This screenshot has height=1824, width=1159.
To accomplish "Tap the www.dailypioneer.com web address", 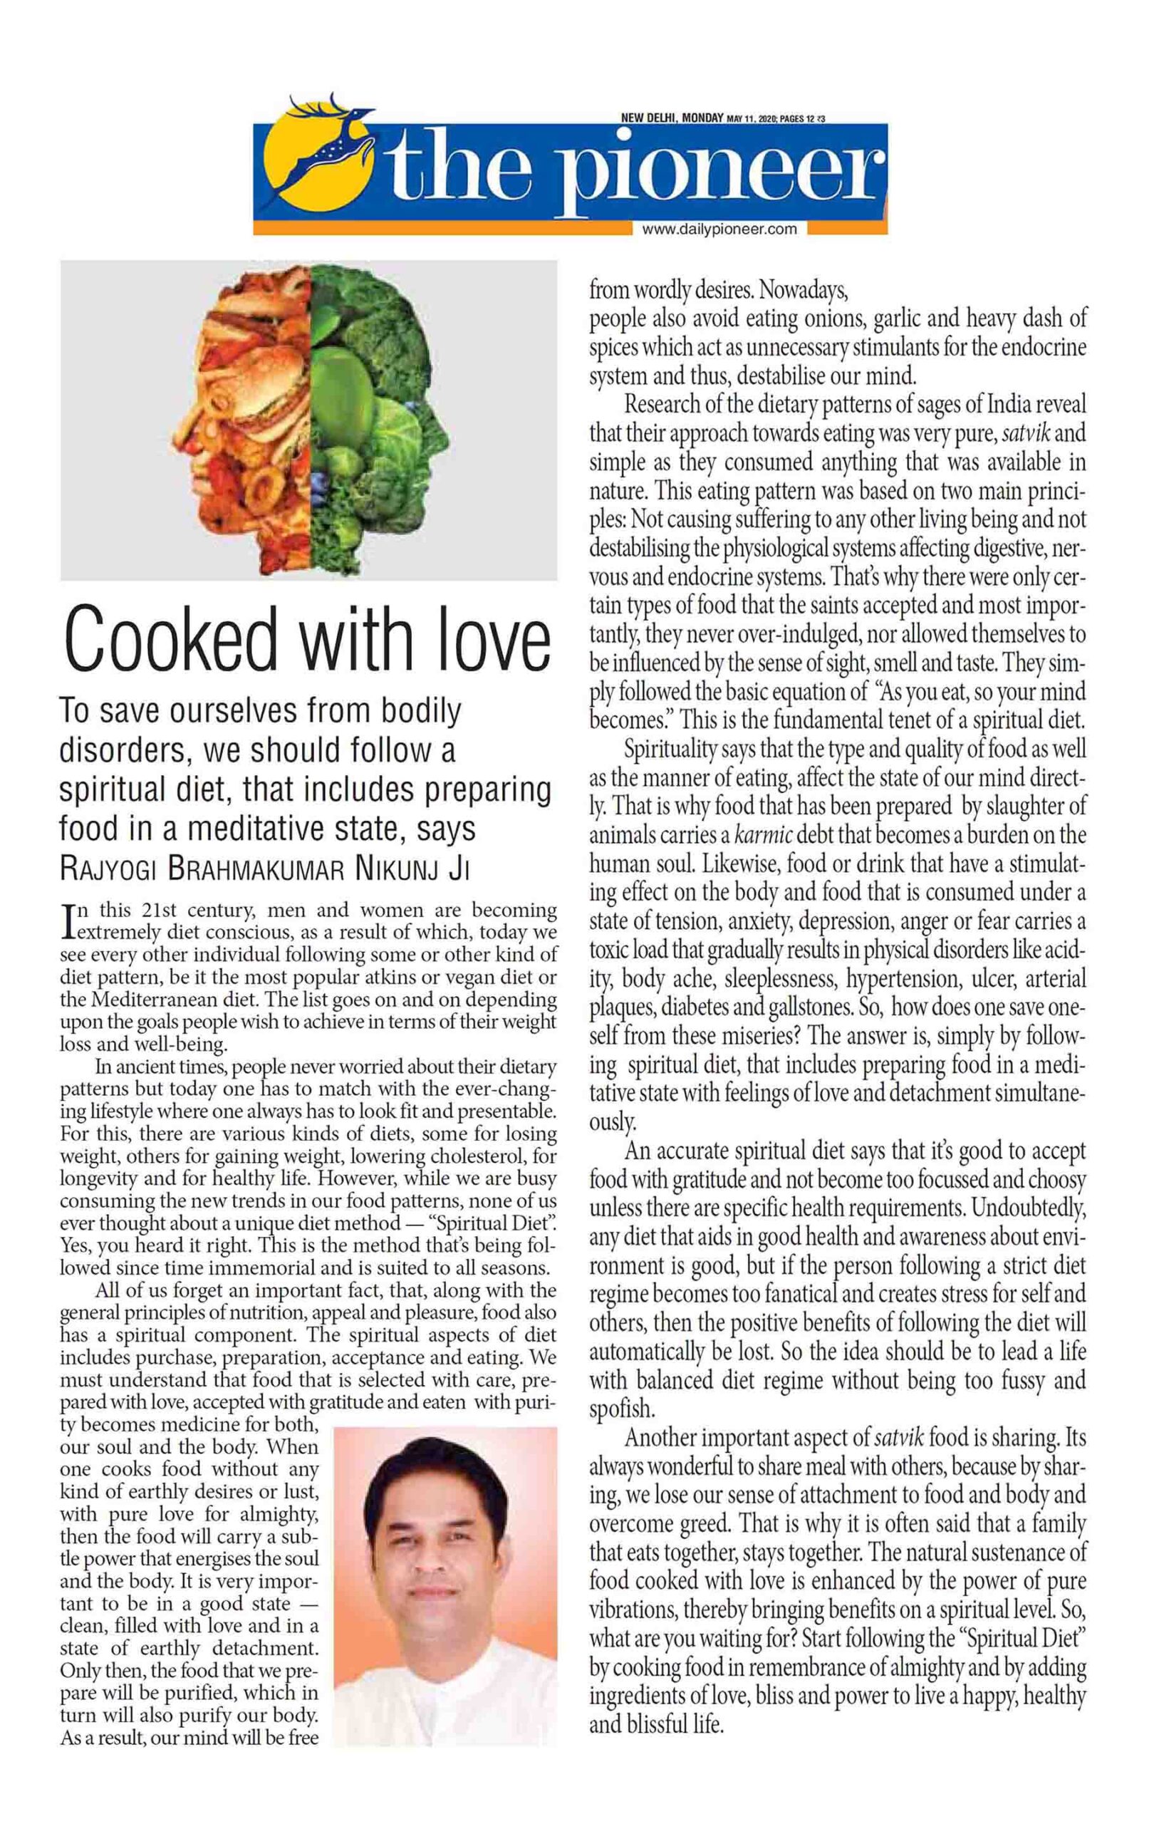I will point(719,229).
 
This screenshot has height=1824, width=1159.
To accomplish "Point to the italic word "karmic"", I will point(764,836).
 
